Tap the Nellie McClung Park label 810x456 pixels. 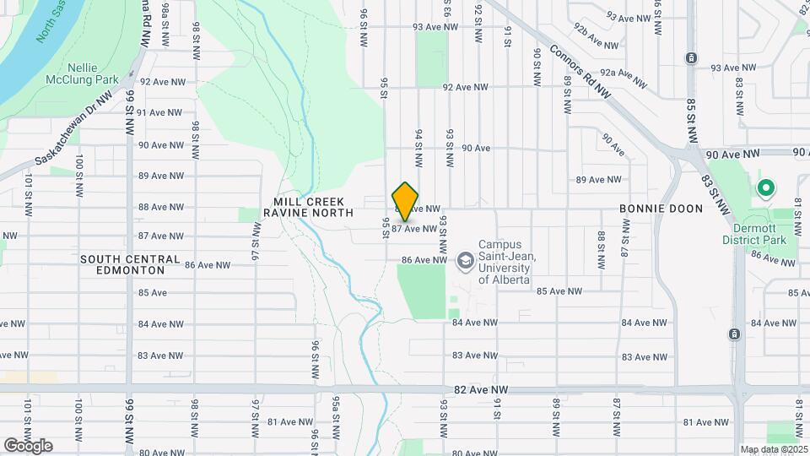pyautogui.click(x=94, y=73)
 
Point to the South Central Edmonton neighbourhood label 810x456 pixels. pyautogui.click(x=130, y=264)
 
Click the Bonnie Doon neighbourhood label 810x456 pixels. pyautogui.click(x=660, y=208)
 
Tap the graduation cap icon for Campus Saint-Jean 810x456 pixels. pyautogui.click(x=464, y=261)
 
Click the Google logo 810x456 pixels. pyautogui.click(x=28, y=445)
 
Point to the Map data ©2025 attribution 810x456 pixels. pyautogui.click(x=774, y=449)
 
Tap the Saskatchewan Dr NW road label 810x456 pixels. pyautogui.click(x=74, y=129)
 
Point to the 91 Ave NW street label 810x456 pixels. pyautogui.click(x=160, y=112)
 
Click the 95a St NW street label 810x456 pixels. pyautogui.click(x=335, y=415)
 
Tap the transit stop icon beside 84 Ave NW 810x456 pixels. pyautogui.click(x=734, y=334)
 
